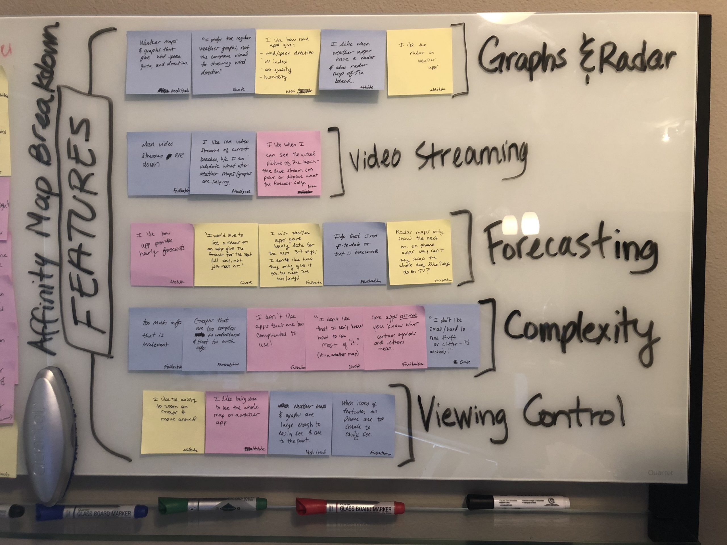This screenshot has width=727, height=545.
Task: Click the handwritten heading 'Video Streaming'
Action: click(x=437, y=158)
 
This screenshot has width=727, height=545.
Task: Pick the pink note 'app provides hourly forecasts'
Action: click(x=161, y=255)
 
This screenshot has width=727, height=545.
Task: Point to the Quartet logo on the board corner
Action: click(x=660, y=472)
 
